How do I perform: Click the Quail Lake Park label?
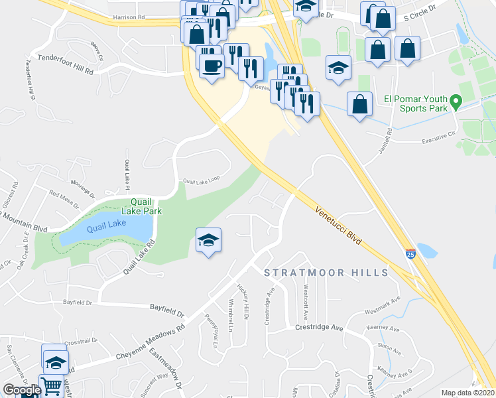click(146, 206)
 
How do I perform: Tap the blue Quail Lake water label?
click(106, 225)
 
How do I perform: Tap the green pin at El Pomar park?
click(456, 103)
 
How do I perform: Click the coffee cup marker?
click(212, 66)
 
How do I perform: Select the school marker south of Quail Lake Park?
click(208, 241)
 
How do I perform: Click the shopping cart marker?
click(51, 385)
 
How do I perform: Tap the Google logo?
click(22, 390)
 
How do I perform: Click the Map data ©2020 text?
click(467, 393)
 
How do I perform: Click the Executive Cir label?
click(440, 137)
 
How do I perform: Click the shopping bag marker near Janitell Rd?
click(359, 105)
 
